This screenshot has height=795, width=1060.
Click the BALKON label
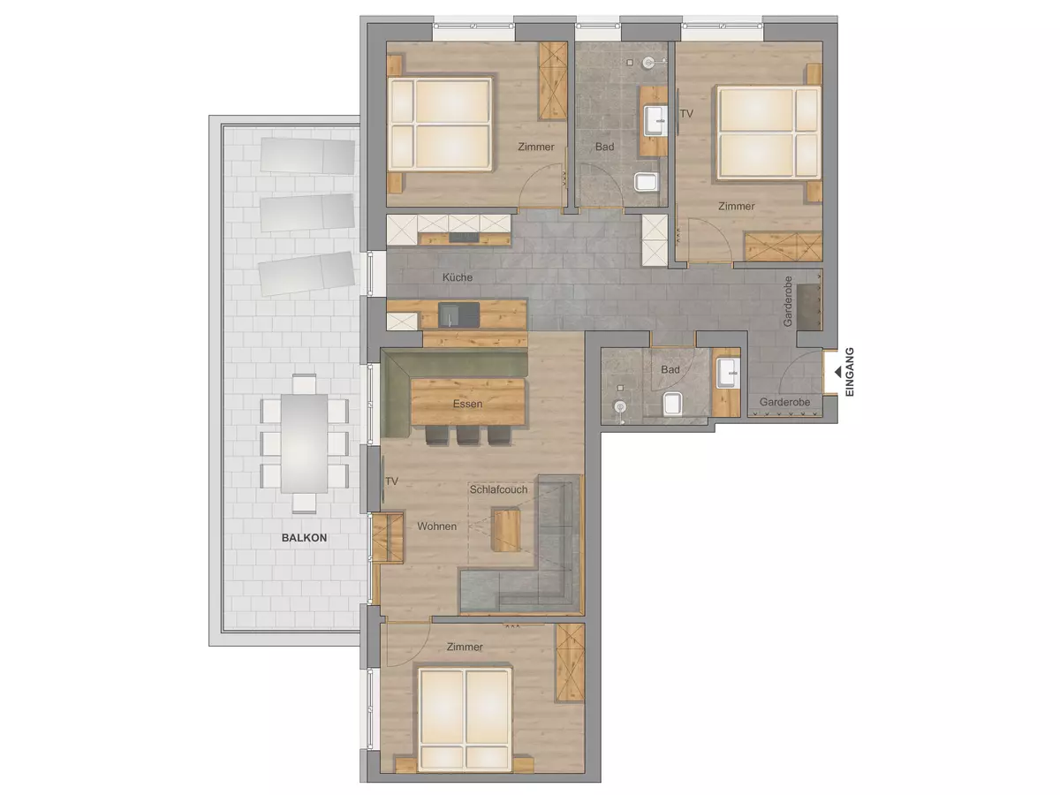pyautogui.click(x=304, y=538)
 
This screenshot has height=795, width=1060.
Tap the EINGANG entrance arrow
pyautogui.click(x=838, y=372)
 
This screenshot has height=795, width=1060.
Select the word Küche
pyautogui.click(x=458, y=277)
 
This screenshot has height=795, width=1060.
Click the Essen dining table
pyautogui.click(x=467, y=402)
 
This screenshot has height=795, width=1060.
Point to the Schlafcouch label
pyautogui.click(x=499, y=489)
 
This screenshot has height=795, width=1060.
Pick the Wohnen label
pyautogui.click(x=437, y=526)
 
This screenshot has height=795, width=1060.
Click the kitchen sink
pyautogui.click(x=458, y=314)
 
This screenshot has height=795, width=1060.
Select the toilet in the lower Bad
pyautogui.click(x=672, y=404)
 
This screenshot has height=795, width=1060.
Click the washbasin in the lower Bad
pyautogui.click(x=728, y=373)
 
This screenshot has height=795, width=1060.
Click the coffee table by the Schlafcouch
pyautogui.click(x=506, y=530)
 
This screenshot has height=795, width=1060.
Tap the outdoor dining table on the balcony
pyautogui.click(x=304, y=443)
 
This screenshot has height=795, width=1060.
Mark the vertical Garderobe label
pyautogui.click(x=788, y=300)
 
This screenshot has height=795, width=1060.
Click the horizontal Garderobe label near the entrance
pyautogui.click(x=784, y=402)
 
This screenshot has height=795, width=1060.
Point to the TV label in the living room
pyautogui.click(x=391, y=481)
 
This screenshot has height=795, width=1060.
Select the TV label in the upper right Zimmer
pyautogui.click(x=686, y=113)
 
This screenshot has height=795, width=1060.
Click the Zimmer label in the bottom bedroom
pyautogui.click(x=465, y=647)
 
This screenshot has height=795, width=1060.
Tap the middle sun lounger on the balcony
pyautogui.click(x=307, y=212)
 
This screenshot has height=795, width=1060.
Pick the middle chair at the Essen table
pyautogui.click(x=467, y=435)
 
